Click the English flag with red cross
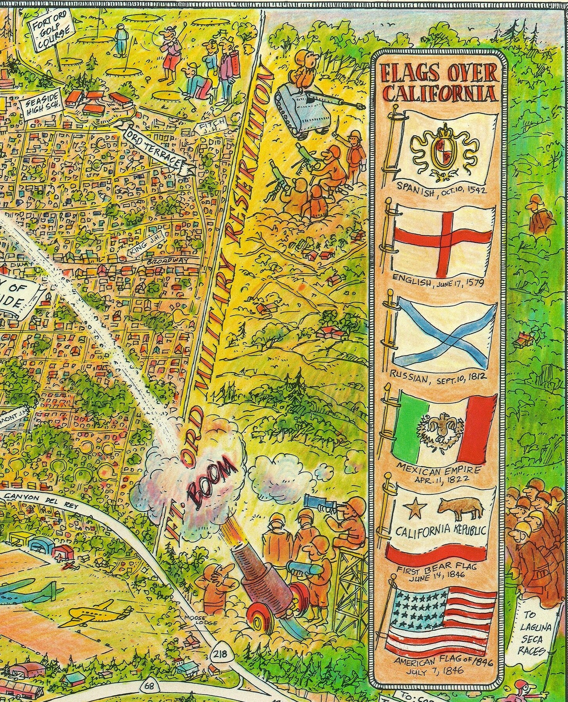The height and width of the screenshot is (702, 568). click(x=444, y=239)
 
